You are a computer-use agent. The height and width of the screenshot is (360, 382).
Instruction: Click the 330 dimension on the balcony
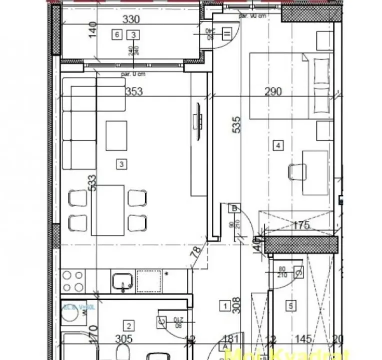[132, 20]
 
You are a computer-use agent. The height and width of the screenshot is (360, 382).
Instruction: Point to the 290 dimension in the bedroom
[273, 91]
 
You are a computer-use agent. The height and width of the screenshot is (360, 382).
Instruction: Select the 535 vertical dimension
[237, 125]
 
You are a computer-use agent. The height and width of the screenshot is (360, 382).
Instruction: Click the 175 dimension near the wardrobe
[300, 226]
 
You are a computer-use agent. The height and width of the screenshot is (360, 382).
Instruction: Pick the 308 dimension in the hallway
[237, 305]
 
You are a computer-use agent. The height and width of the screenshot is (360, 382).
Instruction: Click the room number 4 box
[278, 146]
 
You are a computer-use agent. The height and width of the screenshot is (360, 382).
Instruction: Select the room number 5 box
[290, 305]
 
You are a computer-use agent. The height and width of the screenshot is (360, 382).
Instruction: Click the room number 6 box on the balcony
[117, 34]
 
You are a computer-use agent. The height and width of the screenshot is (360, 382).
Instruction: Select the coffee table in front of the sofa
[116, 135]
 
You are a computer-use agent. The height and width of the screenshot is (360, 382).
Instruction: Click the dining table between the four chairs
[108, 210]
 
